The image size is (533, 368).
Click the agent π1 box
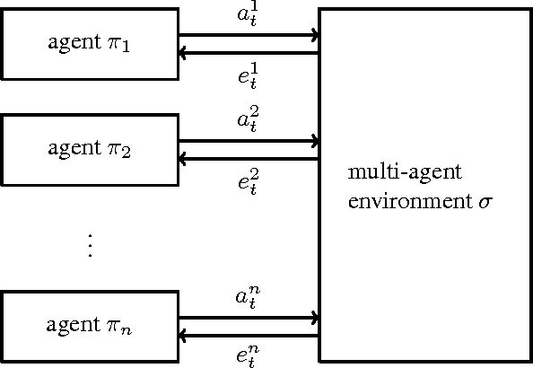click(x=90, y=44)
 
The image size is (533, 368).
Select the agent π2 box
click(x=90, y=149)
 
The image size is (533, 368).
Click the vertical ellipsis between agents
click(x=90, y=245)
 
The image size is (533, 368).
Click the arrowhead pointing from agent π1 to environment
click(x=314, y=36)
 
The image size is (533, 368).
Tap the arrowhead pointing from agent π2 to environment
click(x=314, y=141)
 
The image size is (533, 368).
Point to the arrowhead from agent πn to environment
click(x=314, y=318)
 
